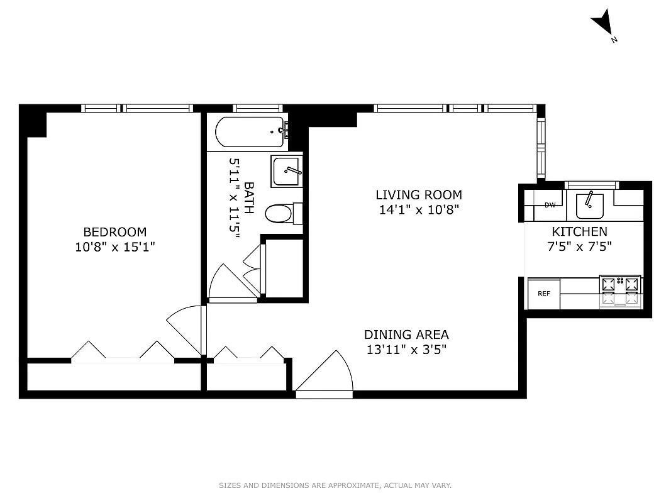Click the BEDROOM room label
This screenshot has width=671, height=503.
tap(114, 232)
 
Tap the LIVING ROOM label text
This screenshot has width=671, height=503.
tap(419, 195)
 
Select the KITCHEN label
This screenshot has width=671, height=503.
tap(579, 231)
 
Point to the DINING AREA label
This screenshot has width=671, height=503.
tap(407, 334)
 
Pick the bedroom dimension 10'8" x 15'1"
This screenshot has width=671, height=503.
tap(114, 247)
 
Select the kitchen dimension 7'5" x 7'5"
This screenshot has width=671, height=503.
tap(579, 246)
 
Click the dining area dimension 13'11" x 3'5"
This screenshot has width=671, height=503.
tap(407, 350)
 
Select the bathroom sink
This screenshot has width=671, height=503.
tap(286, 171)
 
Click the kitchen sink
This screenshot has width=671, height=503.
tap(589, 204)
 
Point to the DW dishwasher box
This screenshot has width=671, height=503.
tap(550, 205)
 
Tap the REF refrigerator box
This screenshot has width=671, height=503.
tap(543, 294)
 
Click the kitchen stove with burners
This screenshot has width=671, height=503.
tap(620, 292)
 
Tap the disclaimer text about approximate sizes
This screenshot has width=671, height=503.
tap(335, 485)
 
